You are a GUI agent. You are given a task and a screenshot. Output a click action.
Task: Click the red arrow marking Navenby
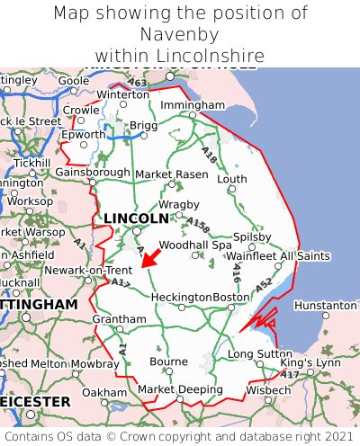pos(150,259)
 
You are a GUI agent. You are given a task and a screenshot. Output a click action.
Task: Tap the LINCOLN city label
pos(136,219)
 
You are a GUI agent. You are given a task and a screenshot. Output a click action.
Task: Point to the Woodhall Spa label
pos(195,245)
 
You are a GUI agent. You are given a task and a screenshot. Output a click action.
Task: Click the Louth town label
pos(232,179)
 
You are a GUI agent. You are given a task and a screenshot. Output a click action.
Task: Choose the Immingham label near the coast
pos(192,105)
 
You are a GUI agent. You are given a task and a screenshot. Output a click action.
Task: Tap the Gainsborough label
pos(93,172)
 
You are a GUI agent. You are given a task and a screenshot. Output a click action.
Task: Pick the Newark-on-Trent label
pos(89,270)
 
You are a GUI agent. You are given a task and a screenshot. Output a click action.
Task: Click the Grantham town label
pos(119,319)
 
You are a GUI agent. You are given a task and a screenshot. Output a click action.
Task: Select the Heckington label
pos(182,297)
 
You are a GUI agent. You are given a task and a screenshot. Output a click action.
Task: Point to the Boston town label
pos(230,297)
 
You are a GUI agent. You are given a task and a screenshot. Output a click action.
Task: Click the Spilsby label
pos(252,236)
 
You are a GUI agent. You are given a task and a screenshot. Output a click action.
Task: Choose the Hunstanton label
pos(326,306)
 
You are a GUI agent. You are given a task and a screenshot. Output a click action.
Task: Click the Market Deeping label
pos(180,389)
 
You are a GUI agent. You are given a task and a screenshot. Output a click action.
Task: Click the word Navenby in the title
pos(180,34)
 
